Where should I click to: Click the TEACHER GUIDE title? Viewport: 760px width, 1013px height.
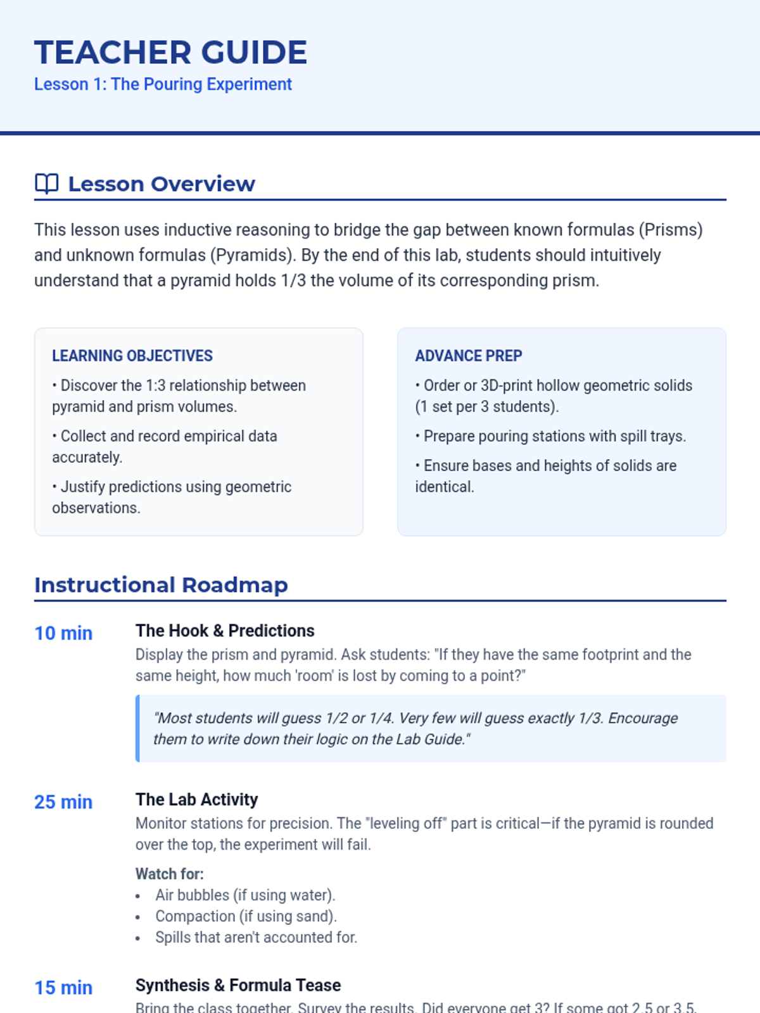point(170,53)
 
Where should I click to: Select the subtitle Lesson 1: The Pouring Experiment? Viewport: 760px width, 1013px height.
point(163,84)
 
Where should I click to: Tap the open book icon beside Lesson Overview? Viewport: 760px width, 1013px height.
point(46,184)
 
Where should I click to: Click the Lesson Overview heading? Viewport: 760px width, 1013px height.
point(161,184)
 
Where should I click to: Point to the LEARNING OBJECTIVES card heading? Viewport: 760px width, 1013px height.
point(132,356)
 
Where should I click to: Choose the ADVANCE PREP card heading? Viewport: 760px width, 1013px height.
point(469,356)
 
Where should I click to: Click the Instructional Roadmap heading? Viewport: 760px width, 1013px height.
point(161,585)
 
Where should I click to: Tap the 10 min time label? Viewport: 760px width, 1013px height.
point(63,633)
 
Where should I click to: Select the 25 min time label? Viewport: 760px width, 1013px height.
point(63,802)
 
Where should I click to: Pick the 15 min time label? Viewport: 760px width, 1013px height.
point(63,988)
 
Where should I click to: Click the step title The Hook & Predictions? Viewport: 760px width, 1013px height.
point(225,631)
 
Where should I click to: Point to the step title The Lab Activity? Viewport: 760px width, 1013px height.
point(196,800)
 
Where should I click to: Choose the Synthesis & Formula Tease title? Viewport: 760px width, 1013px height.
point(238,985)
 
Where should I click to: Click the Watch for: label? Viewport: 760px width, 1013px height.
point(170,874)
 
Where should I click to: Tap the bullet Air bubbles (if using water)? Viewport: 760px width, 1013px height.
point(245,895)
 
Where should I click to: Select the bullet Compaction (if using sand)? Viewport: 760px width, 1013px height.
point(246,916)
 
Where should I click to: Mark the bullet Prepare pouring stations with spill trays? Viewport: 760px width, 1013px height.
point(554,436)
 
